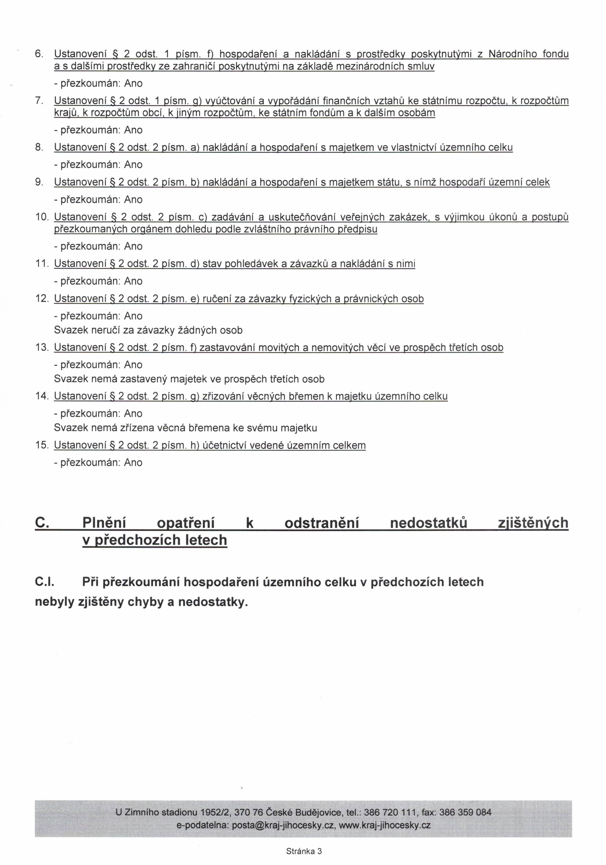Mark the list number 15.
(x=42, y=445)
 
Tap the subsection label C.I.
(x=45, y=582)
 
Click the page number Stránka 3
(x=304, y=851)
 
